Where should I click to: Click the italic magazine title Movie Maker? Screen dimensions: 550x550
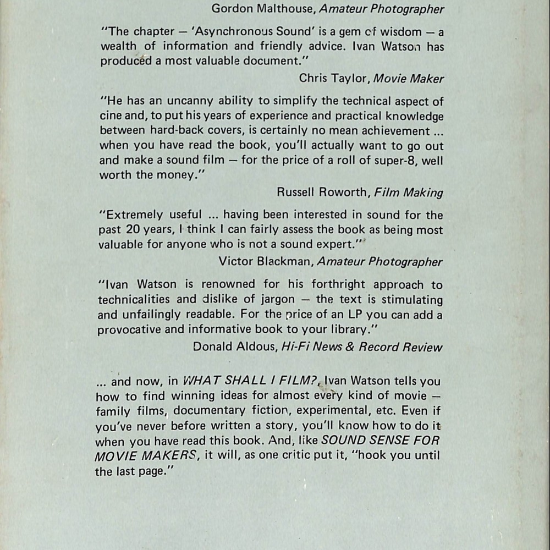click(408, 79)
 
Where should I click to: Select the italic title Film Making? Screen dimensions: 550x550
click(408, 192)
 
